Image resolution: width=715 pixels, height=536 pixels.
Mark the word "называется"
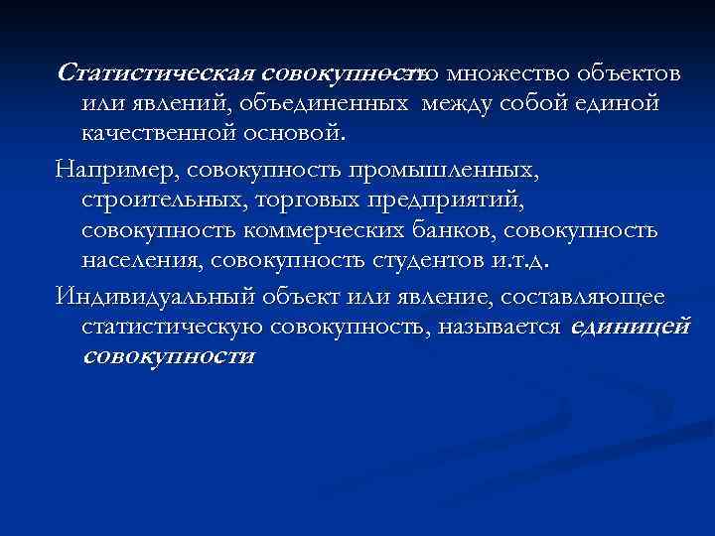(x=502, y=327)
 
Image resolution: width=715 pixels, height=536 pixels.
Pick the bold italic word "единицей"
(x=631, y=327)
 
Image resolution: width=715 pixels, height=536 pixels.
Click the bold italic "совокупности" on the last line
(x=169, y=356)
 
